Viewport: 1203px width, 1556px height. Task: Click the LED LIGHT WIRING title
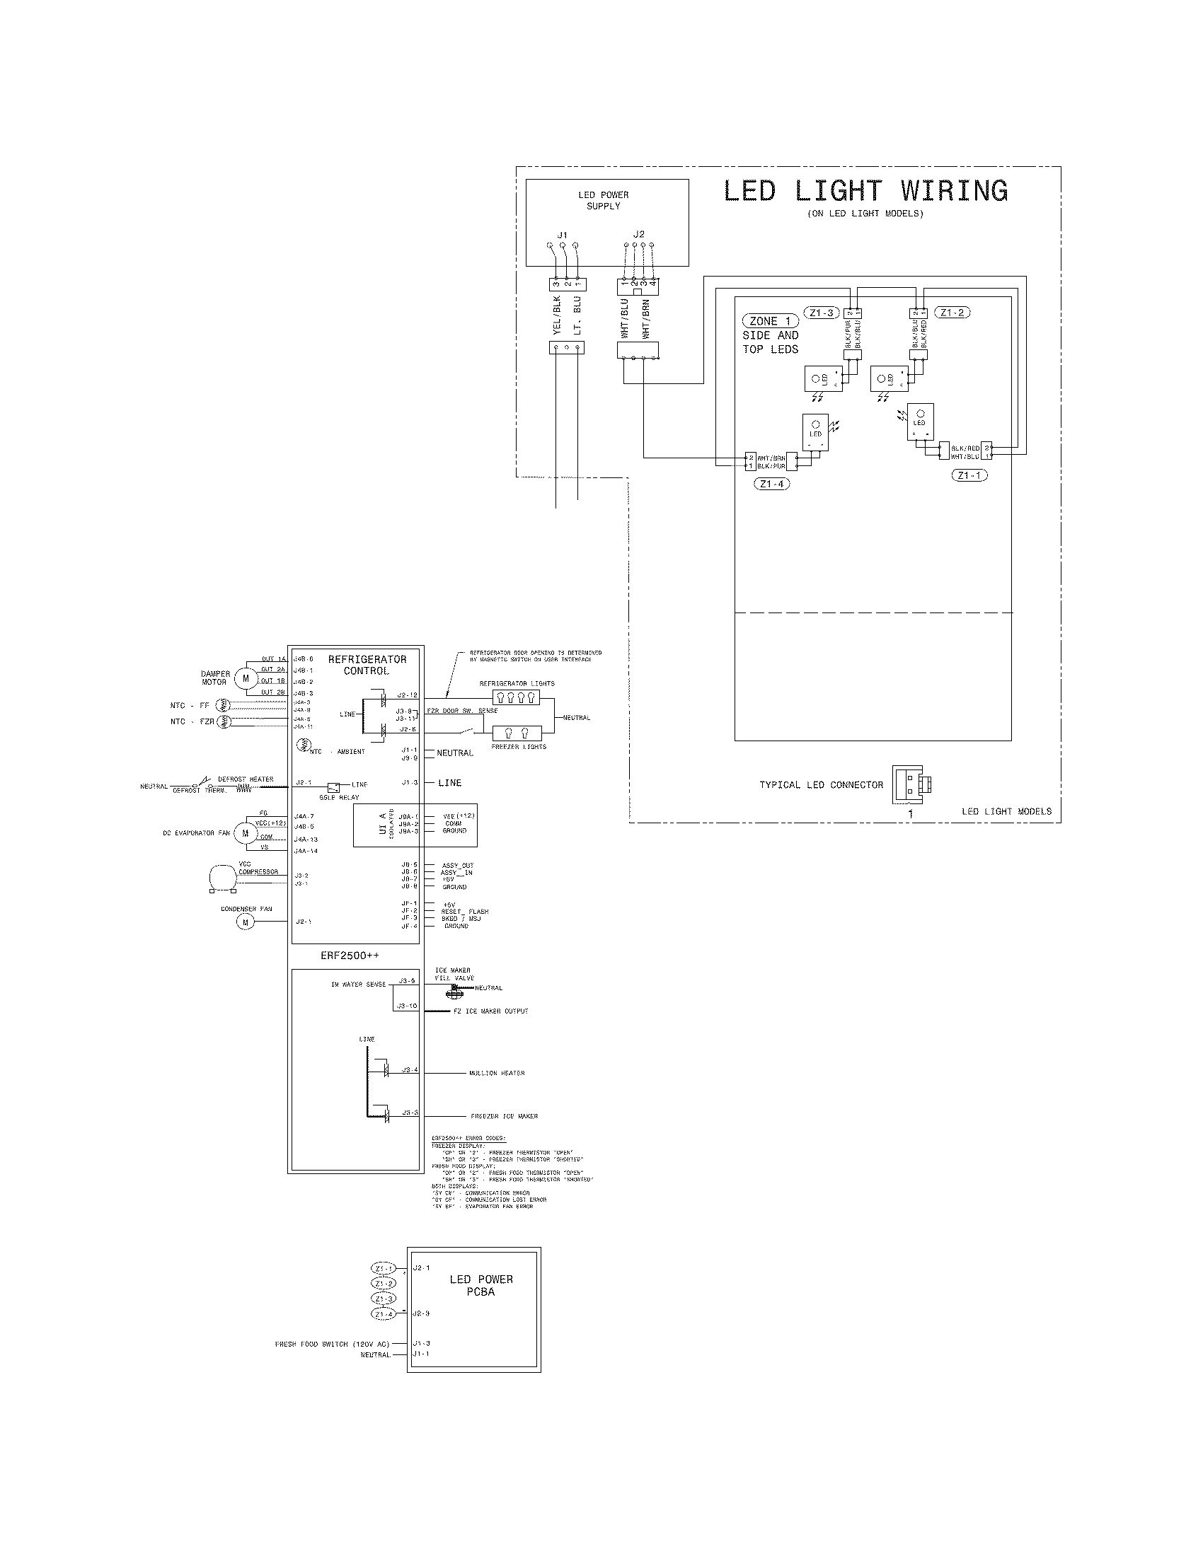(865, 191)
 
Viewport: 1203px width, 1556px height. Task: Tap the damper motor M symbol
(246, 678)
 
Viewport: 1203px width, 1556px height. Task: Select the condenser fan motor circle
(246, 922)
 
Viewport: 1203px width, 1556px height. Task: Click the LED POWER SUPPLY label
(603, 200)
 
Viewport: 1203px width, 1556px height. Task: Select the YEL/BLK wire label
(558, 315)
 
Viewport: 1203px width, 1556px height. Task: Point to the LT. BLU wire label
(577, 316)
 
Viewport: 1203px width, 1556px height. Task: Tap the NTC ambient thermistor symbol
(303, 746)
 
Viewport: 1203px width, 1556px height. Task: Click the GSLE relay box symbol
(333, 787)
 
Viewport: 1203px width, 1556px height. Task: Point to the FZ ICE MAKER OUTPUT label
(490, 1011)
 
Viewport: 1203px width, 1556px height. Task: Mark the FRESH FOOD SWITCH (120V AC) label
(332, 1344)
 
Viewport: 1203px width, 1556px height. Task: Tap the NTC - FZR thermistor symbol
(221, 721)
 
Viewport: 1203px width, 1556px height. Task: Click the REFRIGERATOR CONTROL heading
(367, 665)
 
